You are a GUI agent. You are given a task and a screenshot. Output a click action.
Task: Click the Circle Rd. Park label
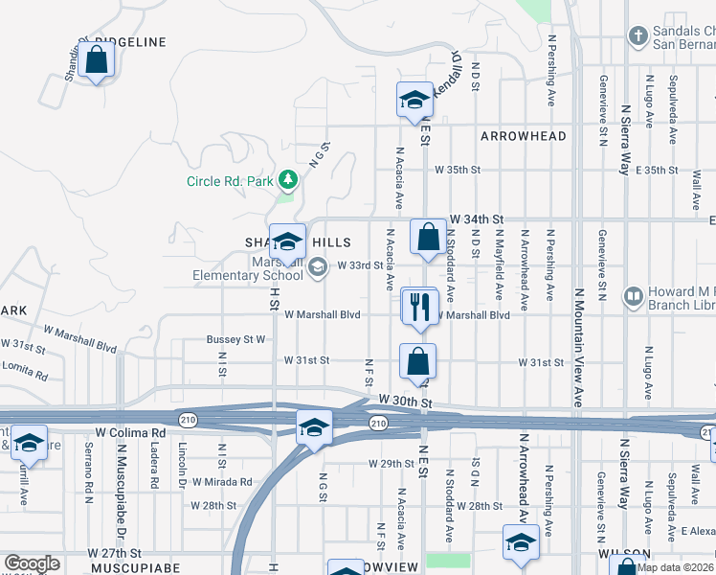click(x=230, y=181)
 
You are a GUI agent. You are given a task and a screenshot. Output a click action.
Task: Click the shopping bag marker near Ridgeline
click(x=97, y=61)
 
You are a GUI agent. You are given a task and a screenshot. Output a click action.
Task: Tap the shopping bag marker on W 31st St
click(x=417, y=362)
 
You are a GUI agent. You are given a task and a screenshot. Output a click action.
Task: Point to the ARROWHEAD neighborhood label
click(x=524, y=137)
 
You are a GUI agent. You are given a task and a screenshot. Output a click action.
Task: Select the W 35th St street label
click(x=456, y=170)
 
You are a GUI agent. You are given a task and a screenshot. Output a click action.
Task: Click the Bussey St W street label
click(x=235, y=339)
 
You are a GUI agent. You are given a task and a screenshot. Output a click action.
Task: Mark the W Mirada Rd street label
click(x=221, y=482)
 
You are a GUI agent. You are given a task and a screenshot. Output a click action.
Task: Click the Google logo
click(x=32, y=563)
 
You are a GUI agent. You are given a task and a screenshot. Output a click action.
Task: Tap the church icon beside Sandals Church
click(x=638, y=36)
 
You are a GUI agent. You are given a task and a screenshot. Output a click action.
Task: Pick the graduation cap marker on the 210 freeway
click(x=313, y=427)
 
